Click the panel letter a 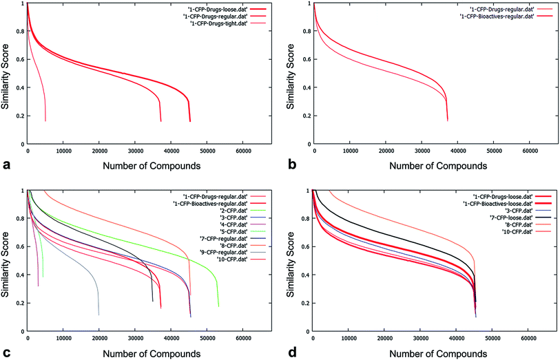[7, 165]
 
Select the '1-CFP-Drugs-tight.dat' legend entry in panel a [209, 23]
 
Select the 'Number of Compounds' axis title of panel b [422, 165]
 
